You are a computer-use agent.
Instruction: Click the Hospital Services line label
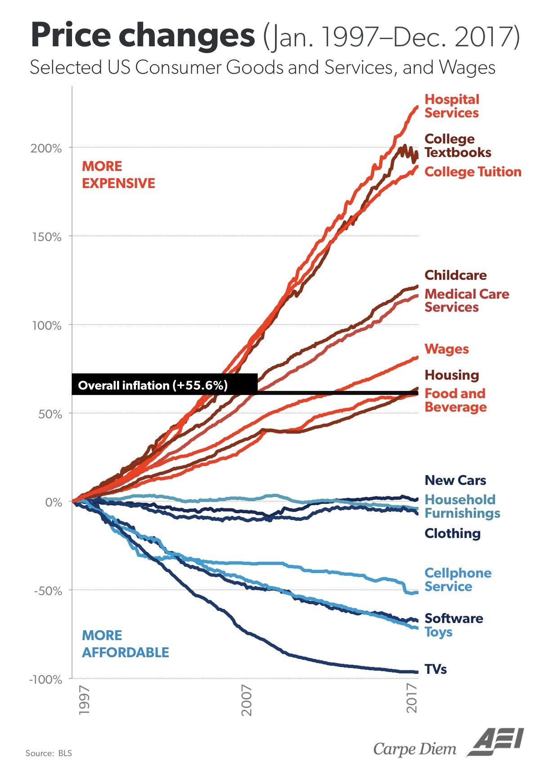coord(452,106)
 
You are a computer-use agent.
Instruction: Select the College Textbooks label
coord(458,146)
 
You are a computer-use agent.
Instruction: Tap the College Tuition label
coord(472,172)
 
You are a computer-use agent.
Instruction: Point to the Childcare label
coord(455,275)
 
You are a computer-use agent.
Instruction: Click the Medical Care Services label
coord(467,300)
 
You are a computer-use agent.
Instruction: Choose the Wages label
coord(446,349)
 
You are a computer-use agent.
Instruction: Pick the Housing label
coord(452,375)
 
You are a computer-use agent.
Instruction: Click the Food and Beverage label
coord(455,400)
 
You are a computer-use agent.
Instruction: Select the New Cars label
coord(455,480)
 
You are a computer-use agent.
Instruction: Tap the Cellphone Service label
coord(458,580)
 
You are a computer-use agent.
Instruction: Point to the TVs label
coord(436,669)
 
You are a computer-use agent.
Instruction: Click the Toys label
coord(438,632)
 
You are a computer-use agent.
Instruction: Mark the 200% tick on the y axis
coord(46,148)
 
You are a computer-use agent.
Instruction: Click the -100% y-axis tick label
coord(45,679)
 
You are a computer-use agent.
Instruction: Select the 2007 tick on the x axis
coord(247,700)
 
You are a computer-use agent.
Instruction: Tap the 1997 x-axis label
coord(84,700)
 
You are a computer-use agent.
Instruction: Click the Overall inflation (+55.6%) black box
coord(164,385)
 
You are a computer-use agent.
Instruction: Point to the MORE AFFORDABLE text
coord(125,644)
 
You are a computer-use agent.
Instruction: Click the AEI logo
coord(495,742)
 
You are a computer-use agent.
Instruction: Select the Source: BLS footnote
coord(49,753)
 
